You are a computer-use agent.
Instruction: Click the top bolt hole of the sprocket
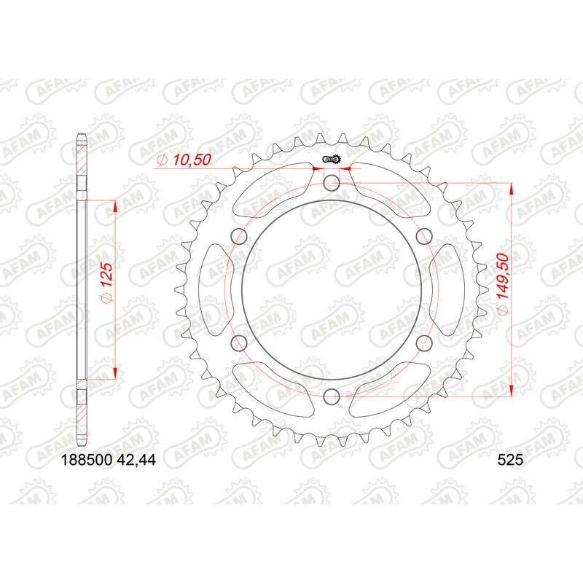click(332, 182)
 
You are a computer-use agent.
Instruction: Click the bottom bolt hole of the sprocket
click(332, 396)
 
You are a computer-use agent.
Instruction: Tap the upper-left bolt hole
click(238, 235)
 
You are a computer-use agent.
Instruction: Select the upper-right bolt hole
click(424, 235)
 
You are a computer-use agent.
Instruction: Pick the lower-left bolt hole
click(238, 343)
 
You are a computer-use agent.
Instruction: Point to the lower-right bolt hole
click(424, 343)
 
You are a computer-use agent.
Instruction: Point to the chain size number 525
click(509, 460)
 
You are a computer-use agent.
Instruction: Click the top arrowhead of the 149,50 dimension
click(512, 188)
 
